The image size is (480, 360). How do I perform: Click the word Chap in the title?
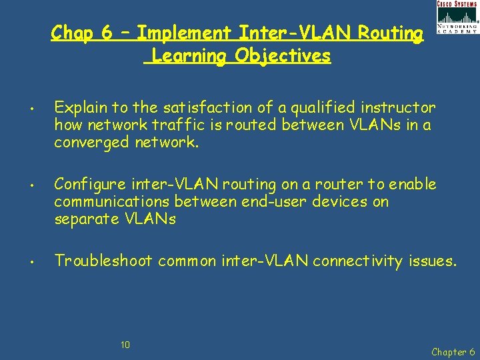pos(72,33)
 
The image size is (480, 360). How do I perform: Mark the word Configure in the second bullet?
pos(87,184)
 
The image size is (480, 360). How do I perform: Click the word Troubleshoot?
pos(103,261)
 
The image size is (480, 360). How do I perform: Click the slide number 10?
pos(125,345)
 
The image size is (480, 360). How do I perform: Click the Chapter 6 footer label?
pos(453,351)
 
